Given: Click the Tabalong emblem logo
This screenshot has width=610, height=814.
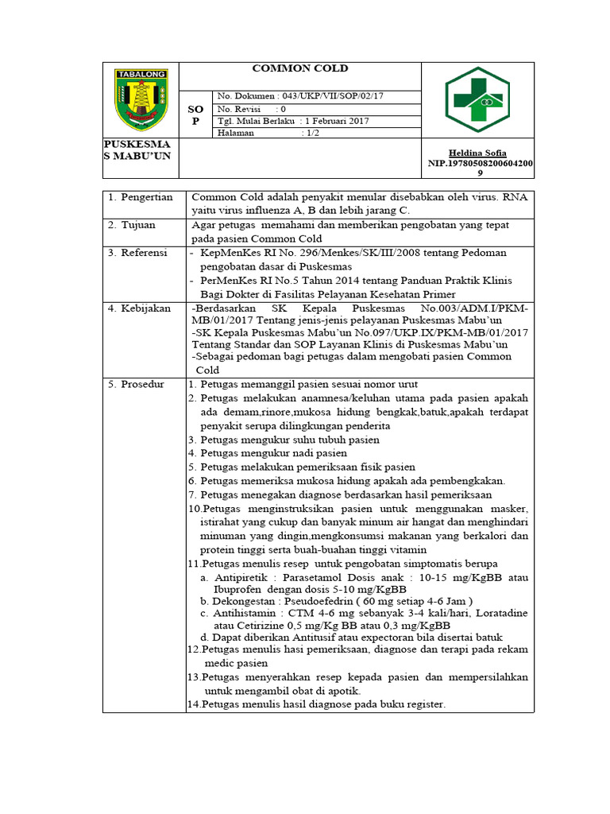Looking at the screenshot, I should pyautogui.click(x=141, y=99).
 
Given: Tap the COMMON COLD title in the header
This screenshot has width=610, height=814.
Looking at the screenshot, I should pyautogui.click(x=300, y=68).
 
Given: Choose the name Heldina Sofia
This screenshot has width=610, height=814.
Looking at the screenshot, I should pyautogui.click(x=477, y=153).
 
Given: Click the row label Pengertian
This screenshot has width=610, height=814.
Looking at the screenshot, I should pyautogui.click(x=145, y=197).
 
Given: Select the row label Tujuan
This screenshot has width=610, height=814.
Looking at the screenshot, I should pyautogui.click(x=139, y=225).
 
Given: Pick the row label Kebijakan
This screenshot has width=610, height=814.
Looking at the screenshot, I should pyautogui.click(x=145, y=308).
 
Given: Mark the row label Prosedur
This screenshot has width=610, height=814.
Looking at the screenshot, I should pyautogui.click(x=143, y=384).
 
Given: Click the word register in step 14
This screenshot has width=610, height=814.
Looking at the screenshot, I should pyautogui.click(x=423, y=704).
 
